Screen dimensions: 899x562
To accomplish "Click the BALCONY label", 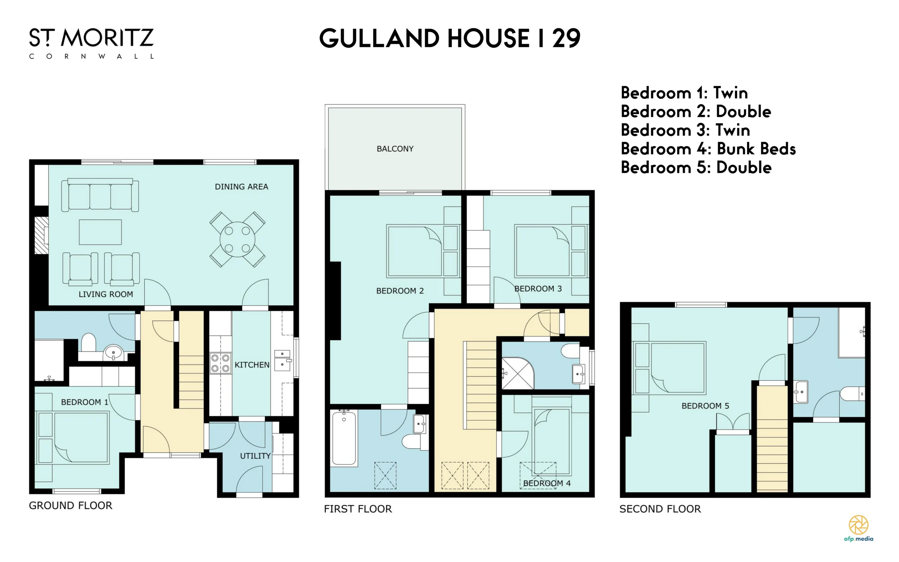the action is point(395,149).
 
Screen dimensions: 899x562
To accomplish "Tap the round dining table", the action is point(237,239).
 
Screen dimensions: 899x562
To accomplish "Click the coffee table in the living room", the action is point(100,232).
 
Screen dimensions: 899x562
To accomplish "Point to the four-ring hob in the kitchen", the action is point(221,363).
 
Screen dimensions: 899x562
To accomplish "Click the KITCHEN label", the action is point(252,365).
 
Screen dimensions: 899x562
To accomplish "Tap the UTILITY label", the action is point(255,456).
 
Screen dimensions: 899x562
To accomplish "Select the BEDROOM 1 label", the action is point(85,402).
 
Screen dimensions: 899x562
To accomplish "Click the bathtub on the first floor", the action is point(344,438).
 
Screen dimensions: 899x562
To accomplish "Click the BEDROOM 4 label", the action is point(547,483).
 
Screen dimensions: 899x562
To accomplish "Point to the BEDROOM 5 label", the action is point(705,406).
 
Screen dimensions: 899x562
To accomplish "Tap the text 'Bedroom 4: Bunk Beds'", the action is point(708,149).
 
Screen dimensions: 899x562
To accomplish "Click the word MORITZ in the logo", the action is point(107,38).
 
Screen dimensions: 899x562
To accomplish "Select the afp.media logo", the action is point(859,528).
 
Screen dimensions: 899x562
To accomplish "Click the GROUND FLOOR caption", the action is point(71,505).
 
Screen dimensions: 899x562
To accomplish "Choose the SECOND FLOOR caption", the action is point(660,509).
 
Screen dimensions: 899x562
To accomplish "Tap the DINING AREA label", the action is point(241,187).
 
